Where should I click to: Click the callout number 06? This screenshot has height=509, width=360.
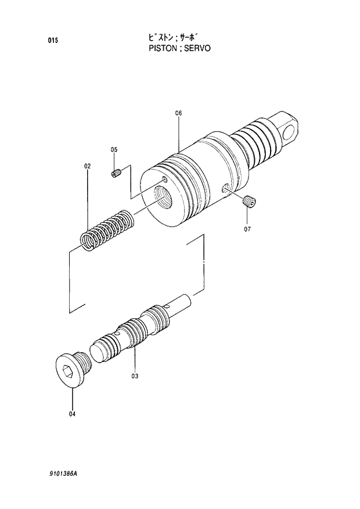pyautogui.click(x=178, y=113)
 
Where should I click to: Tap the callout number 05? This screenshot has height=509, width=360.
pyautogui.click(x=114, y=150)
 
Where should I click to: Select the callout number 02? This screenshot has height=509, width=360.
pyautogui.click(x=87, y=166)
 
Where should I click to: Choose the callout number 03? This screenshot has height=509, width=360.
pyautogui.click(x=134, y=376)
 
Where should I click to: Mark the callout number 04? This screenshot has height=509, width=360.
pyautogui.click(x=72, y=414)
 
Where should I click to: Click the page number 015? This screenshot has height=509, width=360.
pyautogui.click(x=53, y=41)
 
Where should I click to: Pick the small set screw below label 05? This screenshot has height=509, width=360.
pyautogui.click(x=116, y=173)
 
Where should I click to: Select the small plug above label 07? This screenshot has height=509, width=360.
pyautogui.click(x=248, y=202)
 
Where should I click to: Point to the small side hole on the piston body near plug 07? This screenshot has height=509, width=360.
pyautogui.click(x=225, y=188)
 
